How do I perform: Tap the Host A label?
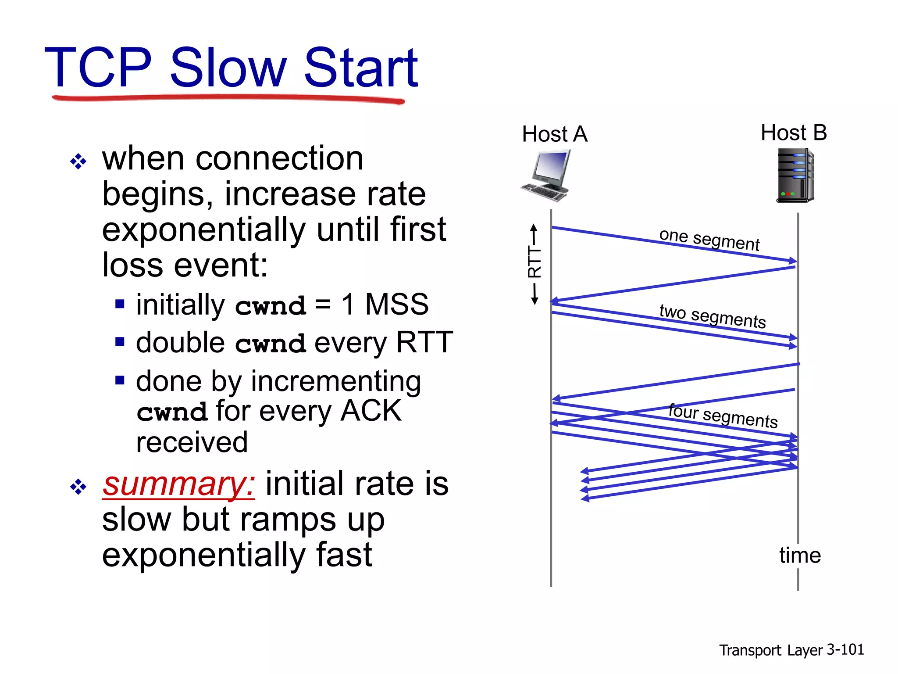coord(554,134)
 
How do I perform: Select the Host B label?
coord(793,133)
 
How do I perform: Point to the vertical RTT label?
coord(535,262)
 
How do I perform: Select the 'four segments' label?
coord(723,416)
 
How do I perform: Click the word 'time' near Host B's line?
coord(799,555)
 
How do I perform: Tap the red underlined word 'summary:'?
coord(178,484)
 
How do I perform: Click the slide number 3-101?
coord(845,649)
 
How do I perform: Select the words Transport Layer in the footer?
coord(770,650)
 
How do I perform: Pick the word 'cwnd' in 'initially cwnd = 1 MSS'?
coord(270,306)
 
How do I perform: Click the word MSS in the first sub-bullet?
coord(396,304)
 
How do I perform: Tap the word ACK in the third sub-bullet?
coord(371,411)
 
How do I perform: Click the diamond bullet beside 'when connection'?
coord(78,162)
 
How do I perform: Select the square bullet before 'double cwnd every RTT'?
coord(120,341)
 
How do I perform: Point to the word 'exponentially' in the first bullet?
coord(203,229)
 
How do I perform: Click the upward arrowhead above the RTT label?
coord(534,228)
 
